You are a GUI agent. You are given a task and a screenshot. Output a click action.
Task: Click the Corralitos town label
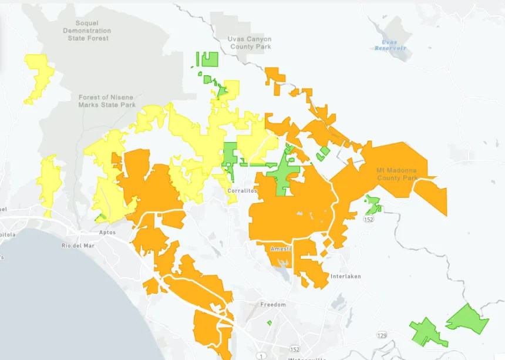click(242, 191)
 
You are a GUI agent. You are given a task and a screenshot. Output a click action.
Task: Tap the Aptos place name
click(107, 232)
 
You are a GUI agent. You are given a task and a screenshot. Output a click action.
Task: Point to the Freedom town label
click(273, 304)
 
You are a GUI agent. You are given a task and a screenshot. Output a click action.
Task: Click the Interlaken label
click(345, 276)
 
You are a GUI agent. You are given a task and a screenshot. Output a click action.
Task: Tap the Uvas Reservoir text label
click(390, 45)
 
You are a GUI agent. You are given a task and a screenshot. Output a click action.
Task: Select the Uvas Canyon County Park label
click(250, 43)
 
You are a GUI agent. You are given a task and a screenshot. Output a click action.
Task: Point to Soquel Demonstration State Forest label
click(86, 31)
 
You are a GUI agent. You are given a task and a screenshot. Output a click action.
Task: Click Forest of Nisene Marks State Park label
click(107, 101)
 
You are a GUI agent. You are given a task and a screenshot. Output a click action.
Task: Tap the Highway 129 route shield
click(382, 335)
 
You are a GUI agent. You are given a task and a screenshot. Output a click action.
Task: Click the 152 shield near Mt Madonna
click(368, 219)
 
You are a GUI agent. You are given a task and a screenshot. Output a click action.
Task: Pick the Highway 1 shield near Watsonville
click(258, 355)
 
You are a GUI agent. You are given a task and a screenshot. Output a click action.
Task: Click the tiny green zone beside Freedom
click(269, 322)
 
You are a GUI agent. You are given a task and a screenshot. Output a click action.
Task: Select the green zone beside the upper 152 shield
click(372, 205)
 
